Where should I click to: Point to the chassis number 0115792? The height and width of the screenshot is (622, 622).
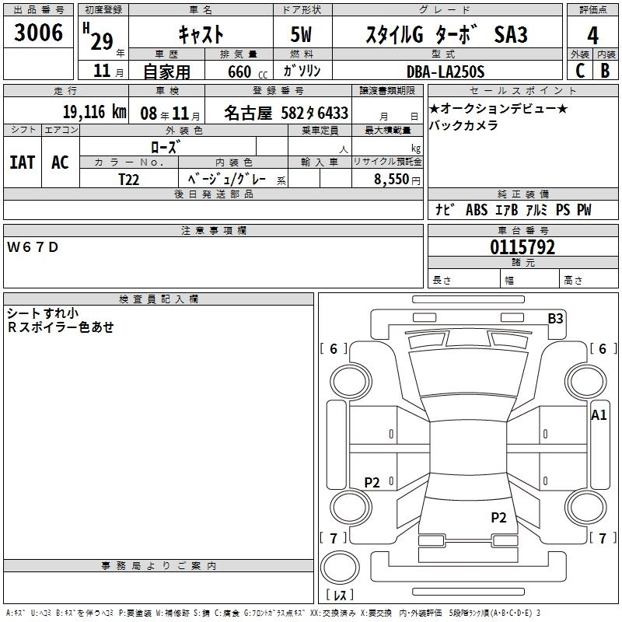(522, 248)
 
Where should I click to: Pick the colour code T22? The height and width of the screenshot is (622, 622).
(129, 179)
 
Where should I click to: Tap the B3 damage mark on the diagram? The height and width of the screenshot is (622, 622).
(555, 317)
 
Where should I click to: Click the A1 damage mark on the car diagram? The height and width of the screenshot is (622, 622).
(599, 415)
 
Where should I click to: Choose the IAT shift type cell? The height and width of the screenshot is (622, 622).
(22, 162)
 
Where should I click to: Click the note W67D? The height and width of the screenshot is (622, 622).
(33, 247)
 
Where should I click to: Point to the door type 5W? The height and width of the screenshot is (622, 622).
(302, 34)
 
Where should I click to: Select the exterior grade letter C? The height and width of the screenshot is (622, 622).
(578, 71)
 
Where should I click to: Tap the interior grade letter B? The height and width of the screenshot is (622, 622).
(605, 71)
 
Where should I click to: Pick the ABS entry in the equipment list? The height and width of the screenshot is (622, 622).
(476, 209)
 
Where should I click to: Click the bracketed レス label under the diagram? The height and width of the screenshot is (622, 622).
(340, 596)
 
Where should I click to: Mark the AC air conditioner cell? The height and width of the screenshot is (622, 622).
(60, 162)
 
